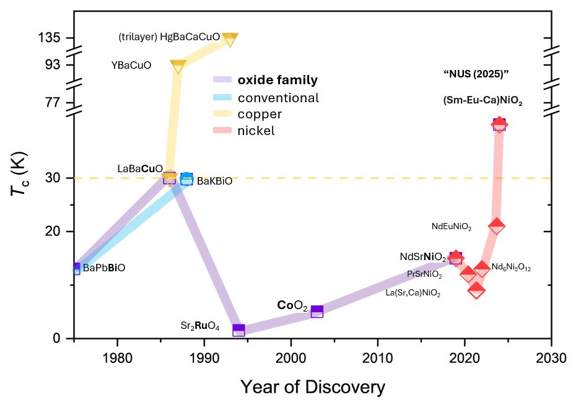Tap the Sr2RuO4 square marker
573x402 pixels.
238,330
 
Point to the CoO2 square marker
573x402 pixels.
317,312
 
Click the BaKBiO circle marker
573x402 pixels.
187,179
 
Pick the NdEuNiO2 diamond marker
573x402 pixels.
496,227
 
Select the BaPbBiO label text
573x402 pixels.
104,268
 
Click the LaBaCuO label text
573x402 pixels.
140,168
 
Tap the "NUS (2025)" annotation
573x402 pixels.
476,74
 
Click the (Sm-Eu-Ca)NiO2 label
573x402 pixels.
483,100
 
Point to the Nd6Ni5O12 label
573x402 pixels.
511,268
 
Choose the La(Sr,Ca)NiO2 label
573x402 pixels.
413,293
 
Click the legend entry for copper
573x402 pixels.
260,114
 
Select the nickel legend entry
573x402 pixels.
256,131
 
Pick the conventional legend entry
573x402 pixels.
278,97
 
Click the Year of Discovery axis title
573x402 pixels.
312,387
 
